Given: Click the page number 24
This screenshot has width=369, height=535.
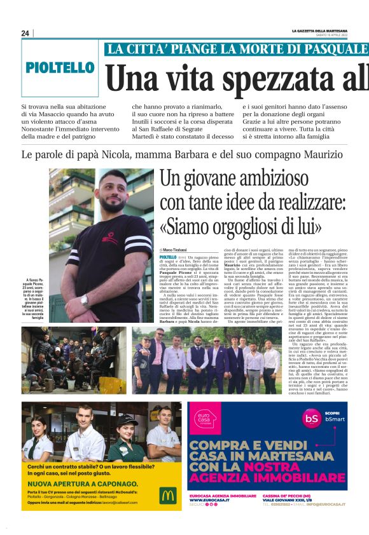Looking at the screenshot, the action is pyautogui.click(x=25, y=33).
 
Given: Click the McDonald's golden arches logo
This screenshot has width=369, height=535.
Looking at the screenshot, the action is pyautogui.click(x=168, y=494).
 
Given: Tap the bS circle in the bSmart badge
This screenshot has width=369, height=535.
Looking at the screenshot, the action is pyautogui.click(x=310, y=436).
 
